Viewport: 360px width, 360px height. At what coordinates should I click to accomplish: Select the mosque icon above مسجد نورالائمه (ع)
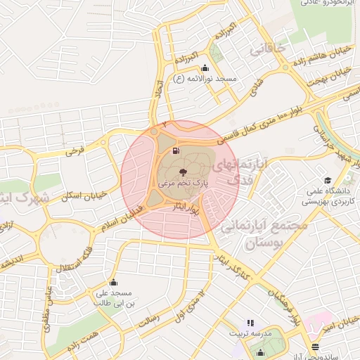tap(205, 68)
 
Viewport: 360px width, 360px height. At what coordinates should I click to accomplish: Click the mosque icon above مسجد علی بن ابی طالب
tap(113, 283)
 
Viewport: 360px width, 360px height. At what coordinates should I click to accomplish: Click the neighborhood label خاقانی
tap(268, 50)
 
